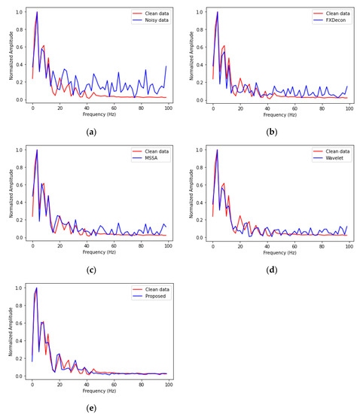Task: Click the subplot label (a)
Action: click(x=91, y=132)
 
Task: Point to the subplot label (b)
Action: click(x=272, y=132)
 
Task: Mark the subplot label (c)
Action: click(x=91, y=269)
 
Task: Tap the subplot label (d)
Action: click(x=272, y=269)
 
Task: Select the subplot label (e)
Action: click(x=91, y=407)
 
